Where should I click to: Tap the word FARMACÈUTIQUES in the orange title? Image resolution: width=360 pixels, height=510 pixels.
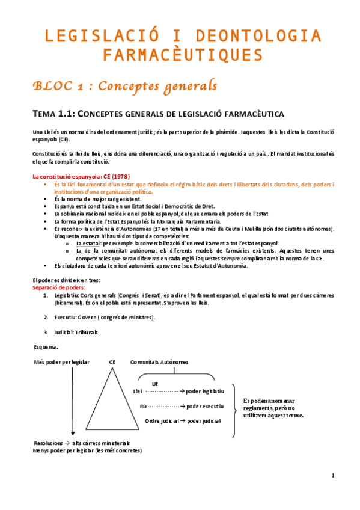[x=183, y=56]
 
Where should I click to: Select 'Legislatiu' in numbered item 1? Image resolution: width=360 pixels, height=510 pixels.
[x=64, y=296]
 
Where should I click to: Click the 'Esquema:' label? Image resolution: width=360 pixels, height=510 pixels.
[x=47, y=347]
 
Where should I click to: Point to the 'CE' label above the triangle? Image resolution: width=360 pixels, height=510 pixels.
[x=112, y=363]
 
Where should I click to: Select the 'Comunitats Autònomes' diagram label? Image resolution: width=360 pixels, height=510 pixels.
[x=159, y=363]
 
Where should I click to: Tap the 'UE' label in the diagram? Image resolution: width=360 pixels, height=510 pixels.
[x=155, y=383]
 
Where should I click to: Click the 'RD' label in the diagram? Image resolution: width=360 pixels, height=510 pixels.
[x=143, y=407]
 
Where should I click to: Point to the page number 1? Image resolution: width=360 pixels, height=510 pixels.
[x=333, y=476]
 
